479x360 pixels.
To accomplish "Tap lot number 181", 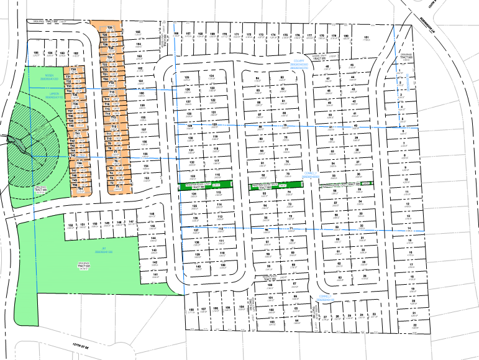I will (367, 37).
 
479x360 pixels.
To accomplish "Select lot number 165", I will (138, 32).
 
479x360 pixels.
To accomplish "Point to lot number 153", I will (147, 178).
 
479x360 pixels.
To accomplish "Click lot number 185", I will (36, 53).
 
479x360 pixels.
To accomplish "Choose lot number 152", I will (70, 224).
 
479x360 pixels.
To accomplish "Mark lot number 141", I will (155, 274).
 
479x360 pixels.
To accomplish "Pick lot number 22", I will (414, 325).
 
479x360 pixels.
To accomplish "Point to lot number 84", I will (258, 78).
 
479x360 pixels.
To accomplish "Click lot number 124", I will (212, 76).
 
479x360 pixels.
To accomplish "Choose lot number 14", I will (409, 228).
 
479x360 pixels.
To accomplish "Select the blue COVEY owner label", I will (301, 61).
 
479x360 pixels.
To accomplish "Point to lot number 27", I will (325, 316).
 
